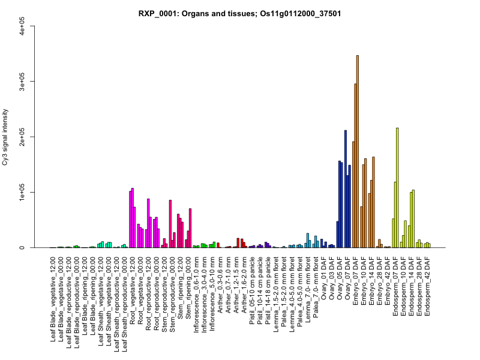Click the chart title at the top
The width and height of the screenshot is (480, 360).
point(240,14)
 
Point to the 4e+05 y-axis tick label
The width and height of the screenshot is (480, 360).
point(22,26)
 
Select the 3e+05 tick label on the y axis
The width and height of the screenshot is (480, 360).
point(22,81)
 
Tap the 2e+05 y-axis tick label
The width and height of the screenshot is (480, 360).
point(22,137)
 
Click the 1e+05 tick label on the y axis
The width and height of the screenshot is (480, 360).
point(22,193)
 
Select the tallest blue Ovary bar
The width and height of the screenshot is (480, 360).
point(346,189)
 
